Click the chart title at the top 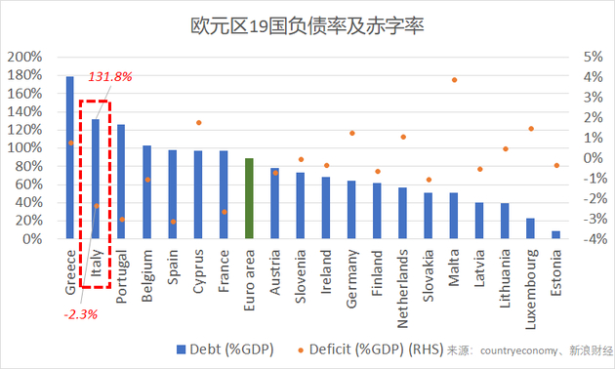tap(307, 22)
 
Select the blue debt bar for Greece tap(69, 157)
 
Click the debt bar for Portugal tap(121, 182)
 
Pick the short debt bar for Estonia tap(556, 234)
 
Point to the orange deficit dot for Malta tap(454, 80)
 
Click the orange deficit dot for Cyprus tap(198, 123)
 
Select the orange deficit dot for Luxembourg tap(531, 129)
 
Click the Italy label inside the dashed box tap(96, 266)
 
